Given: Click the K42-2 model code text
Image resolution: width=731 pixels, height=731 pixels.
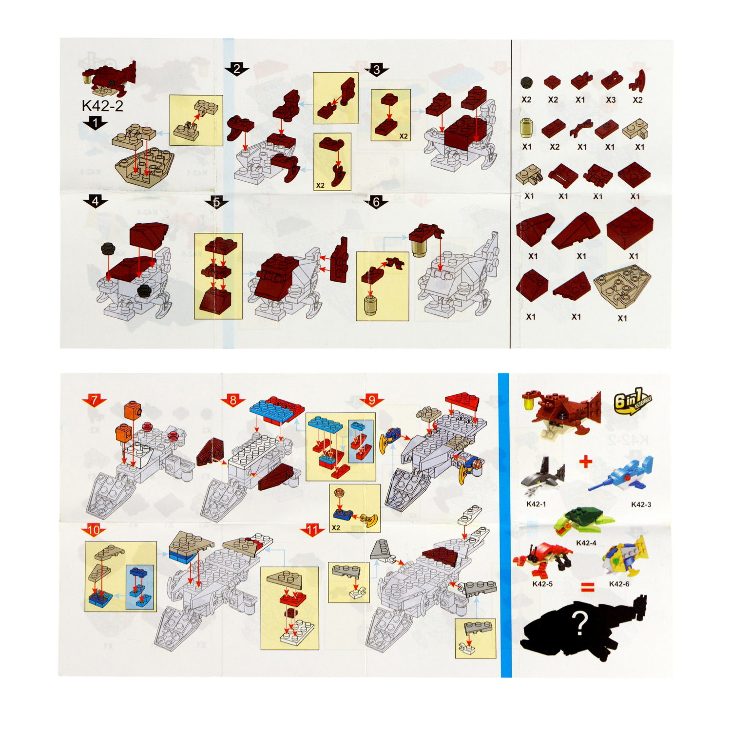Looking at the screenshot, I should pyautogui.click(x=102, y=106).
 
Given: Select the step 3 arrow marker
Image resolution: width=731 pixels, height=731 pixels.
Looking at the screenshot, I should pyautogui.click(x=376, y=70).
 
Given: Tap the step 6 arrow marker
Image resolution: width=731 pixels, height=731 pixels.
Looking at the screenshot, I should pyautogui.click(x=376, y=202).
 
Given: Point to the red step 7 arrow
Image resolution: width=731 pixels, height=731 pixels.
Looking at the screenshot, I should pyautogui.click(x=94, y=401).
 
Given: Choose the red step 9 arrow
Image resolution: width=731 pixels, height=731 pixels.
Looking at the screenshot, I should pyautogui.click(x=372, y=401).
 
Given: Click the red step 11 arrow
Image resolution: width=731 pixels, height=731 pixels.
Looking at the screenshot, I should pyautogui.click(x=312, y=530).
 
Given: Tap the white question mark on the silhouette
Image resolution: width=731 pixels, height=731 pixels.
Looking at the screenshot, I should pyautogui.click(x=579, y=624).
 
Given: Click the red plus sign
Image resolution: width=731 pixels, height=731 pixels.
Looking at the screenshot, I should pyautogui.click(x=586, y=461).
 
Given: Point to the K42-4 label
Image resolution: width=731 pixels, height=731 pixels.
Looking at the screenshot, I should pyautogui.click(x=586, y=543).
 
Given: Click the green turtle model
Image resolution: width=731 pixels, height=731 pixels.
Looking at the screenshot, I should pyautogui.click(x=582, y=521).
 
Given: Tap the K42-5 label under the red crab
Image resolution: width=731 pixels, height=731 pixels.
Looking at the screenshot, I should pyautogui.click(x=542, y=584).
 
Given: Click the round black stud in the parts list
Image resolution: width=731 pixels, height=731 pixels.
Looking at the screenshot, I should pyautogui.click(x=526, y=82).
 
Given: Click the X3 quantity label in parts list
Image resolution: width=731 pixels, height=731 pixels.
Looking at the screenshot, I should pyautogui.click(x=611, y=100).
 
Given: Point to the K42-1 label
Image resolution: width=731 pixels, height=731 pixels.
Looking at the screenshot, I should pyautogui.click(x=536, y=504).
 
